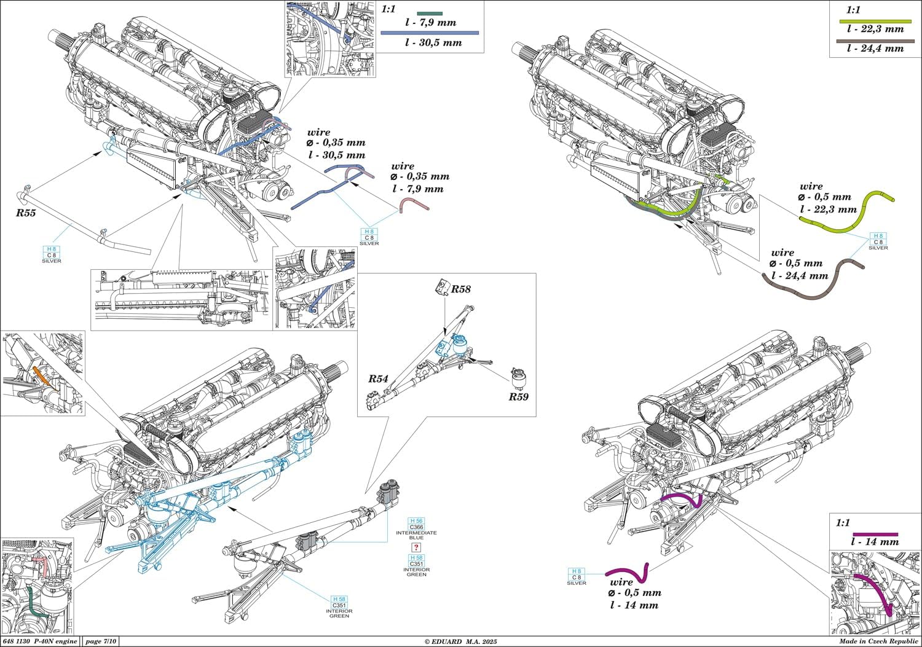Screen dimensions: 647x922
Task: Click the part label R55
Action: [26, 213]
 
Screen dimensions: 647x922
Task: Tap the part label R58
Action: [461, 289]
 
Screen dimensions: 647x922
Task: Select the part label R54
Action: [378, 379]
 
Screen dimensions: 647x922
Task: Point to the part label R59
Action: [518, 396]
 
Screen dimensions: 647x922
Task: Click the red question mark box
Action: [416, 547]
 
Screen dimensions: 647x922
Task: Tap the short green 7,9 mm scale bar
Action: [430, 13]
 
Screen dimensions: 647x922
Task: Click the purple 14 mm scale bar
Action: [875, 534]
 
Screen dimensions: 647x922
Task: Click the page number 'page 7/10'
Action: [99, 641]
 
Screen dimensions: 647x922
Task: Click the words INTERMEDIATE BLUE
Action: [416, 535]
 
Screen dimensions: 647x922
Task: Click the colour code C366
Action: [416, 527]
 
